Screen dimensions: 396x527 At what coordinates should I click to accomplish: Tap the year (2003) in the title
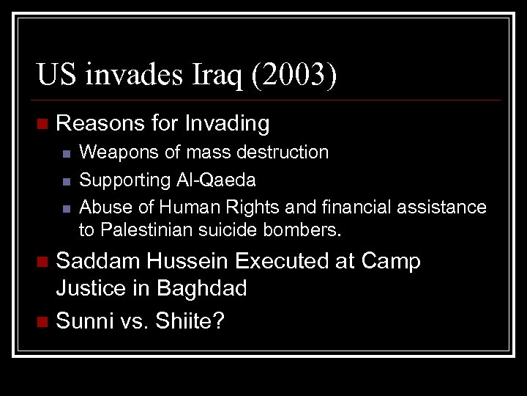(293, 76)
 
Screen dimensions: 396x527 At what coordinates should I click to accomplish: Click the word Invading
(227, 123)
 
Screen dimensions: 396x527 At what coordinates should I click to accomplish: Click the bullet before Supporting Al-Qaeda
(66, 180)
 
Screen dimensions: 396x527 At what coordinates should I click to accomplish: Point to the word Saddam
(100, 261)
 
